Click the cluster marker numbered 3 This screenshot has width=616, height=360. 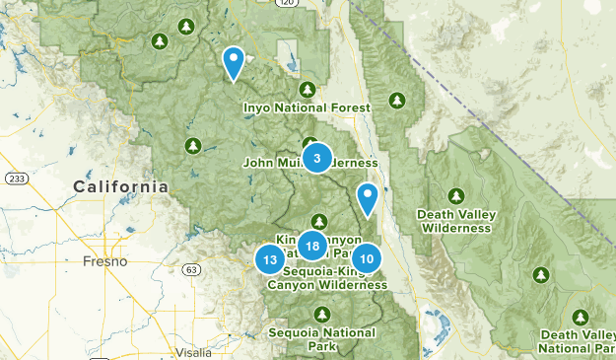pyautogui.click(x=316, y=158)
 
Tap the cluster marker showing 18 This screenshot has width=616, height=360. pyautogui.click(x=311, y=246)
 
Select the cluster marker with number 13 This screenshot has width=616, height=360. pyautogui.click(x=270, y=259)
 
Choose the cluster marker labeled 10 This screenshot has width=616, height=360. pyautogui.click(x=366, y=258)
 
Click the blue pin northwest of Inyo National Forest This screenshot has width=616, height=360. pyautogui.click(x=234, y=62)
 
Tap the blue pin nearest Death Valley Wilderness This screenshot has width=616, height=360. pyautogui.click(x=368, y=198)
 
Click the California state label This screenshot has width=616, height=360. pyautogui.click(x=120, y=186)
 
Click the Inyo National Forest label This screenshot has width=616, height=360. pyautogui.click(x=308, y=108)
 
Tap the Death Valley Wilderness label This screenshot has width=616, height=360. pyautogui.click(x=454, y=221)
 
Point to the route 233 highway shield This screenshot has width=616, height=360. pyautogui.click(x=16, y=178)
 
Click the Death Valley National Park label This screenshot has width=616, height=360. pyautogui.click(x=579, y=341)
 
